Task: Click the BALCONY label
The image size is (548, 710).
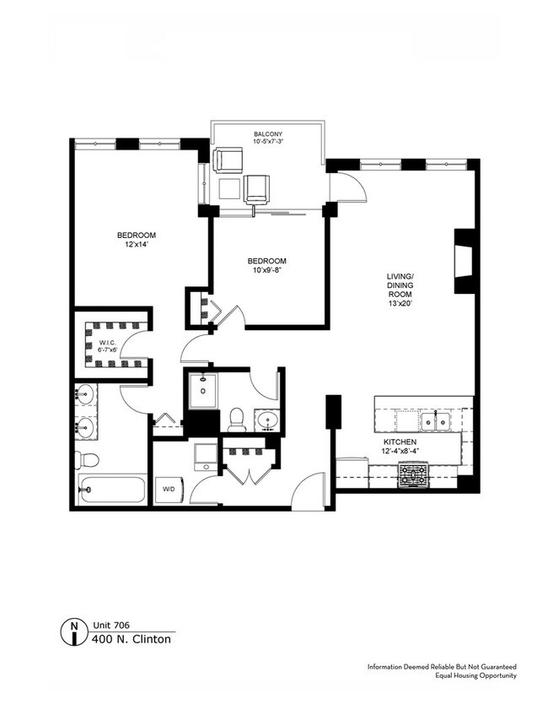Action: [x=268, y=134]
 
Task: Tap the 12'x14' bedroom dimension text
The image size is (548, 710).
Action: [x=137, y=245]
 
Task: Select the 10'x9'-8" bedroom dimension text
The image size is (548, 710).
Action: [x=266, y=270]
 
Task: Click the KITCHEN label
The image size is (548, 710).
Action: [x=400, y=442]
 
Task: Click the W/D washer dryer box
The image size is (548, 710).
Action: [x=169, y=490]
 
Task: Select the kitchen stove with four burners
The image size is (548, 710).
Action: [x=413, y=475]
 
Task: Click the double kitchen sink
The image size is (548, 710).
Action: [x=435, y=422]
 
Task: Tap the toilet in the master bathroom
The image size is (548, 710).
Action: [x=87, y=460]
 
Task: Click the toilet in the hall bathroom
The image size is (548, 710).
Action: [x=237, y=420]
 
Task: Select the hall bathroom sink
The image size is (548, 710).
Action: [x=266, y=420]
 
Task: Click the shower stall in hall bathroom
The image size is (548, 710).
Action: [x=203, y=390]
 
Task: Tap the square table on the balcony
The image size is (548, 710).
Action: [x=229, y=188]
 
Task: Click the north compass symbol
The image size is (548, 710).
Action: [x=73, y=631]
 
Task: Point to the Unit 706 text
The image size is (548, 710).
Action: [x=111, y=625]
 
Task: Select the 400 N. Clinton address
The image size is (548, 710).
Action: [x=132, y=639]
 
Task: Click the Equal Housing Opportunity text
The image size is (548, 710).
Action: [x=475, y=676]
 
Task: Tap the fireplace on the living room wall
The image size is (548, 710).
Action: [x=465, y=261]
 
